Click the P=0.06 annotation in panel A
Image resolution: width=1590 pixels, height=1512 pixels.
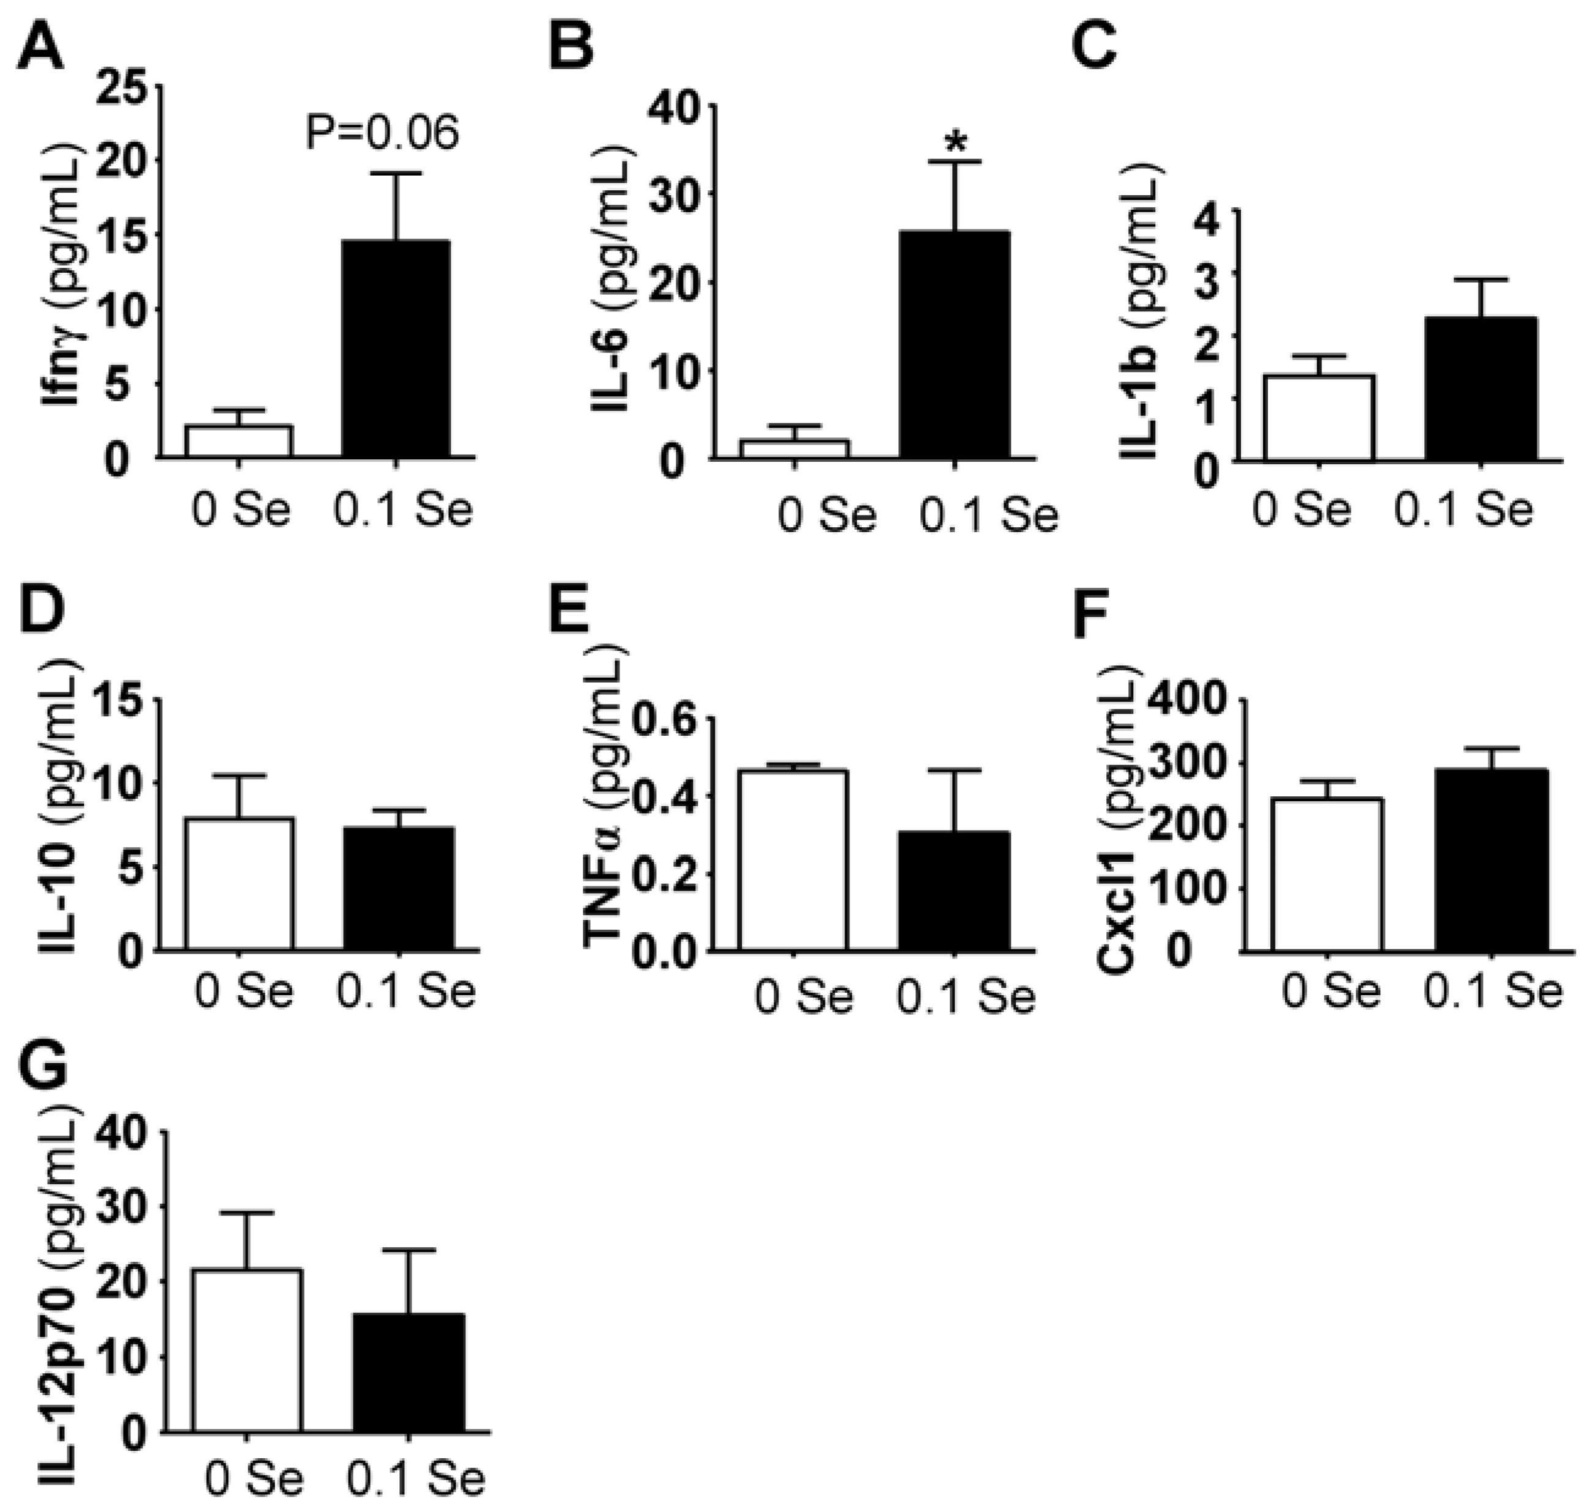(382, 133)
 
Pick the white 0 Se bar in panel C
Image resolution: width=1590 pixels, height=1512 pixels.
(1318, 418)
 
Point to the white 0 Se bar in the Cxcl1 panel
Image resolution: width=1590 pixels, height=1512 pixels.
(1327, 875)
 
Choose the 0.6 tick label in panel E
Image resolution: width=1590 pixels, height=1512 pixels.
(665, 719)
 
